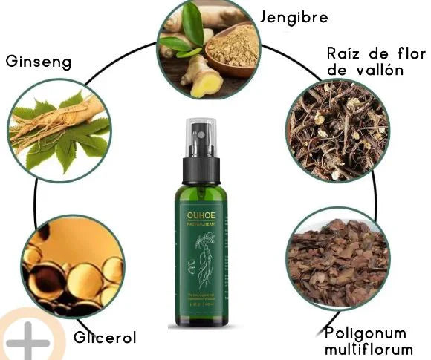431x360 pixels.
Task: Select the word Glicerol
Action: click(x=105, y=338)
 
